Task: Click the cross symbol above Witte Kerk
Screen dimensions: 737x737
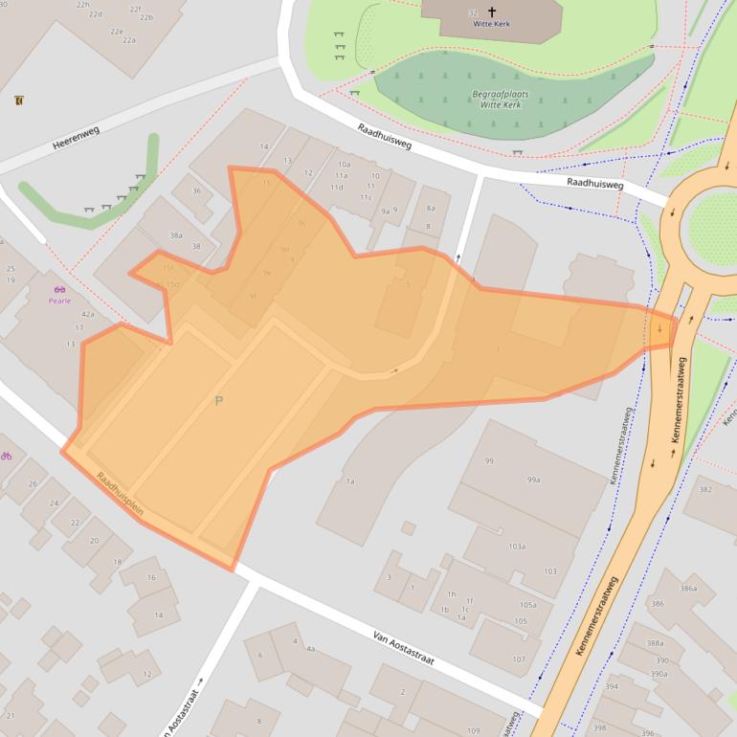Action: point(492,11)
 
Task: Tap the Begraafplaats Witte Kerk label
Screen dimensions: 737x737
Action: point(501,100)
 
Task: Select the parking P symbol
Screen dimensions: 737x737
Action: point(218,401)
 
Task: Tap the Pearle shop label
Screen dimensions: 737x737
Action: point(60,301)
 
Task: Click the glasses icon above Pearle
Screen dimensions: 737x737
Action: point(60,288)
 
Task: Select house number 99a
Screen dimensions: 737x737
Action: point(533,480)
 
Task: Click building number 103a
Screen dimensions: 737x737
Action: point(517,547)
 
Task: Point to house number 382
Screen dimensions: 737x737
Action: point(705,489)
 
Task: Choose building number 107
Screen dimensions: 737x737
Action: point(518,659)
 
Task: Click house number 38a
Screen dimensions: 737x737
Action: point(175,234)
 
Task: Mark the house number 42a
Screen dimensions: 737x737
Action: point(87,314)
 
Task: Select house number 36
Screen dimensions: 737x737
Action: point(196,190)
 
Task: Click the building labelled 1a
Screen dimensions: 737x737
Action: point(350,481)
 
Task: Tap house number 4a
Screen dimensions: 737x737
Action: point(310,648)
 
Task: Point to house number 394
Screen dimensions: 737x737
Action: point(613,687)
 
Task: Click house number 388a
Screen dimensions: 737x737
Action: point(655,643)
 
